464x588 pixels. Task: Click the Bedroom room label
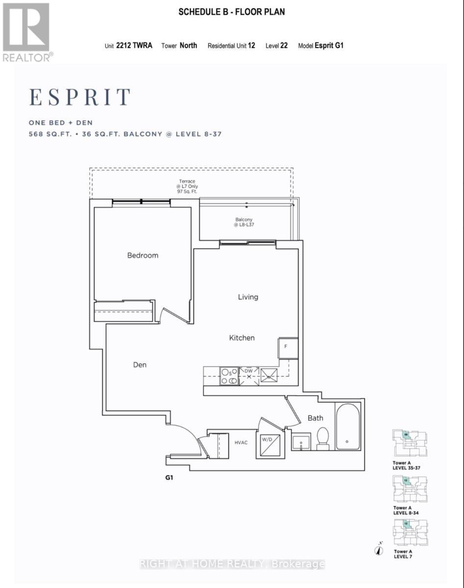[143, 255]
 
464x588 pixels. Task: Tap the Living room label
[248, 297]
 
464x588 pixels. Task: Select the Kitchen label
[242, 338]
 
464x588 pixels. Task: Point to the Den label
[140, 365]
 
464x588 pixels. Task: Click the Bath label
[315, 418]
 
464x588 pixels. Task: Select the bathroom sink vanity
[300, 441]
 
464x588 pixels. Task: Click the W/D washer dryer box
[269, 443]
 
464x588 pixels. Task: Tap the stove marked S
[228, 376]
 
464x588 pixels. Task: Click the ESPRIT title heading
[80, 97]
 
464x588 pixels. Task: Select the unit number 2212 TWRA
[134, 46]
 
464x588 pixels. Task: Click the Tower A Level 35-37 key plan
[410, 443]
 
